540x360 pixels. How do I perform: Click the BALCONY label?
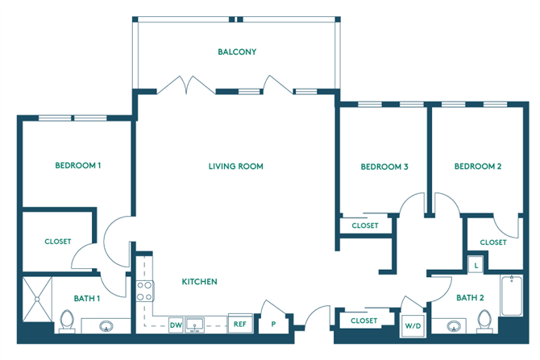click(x=237, y=52)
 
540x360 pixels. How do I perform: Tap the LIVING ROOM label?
click(x=236, y=167)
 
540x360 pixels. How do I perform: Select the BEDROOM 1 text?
click(x=78, y=166)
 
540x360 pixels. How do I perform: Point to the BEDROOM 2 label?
click(x=478, y=167)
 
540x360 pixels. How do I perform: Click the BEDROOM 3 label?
click(x=384, y=167)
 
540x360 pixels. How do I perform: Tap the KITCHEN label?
click(x=199, y=282)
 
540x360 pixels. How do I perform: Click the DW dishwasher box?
click(x=176, y=325)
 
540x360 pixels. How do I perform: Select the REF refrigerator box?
click(x=240, y=324)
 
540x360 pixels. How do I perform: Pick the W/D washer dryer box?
click(x=413, y=325)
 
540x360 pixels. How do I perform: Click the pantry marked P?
click(x=273, y=324)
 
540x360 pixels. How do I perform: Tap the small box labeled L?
click(x=476, y=265)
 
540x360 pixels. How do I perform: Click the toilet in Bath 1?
click(x=67, y=321)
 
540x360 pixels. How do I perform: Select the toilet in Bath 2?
click(x=484, y=321)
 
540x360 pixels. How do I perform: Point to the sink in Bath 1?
click(x=106, y=326)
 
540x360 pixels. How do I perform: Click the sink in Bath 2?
click(x=454, y=326)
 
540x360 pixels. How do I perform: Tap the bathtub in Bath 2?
click(x=512, y=296)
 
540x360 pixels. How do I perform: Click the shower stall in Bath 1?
click(x=37, y=300)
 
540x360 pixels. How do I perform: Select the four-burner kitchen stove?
click(x=144, y=292)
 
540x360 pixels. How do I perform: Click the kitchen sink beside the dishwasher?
click(x=194, y=325)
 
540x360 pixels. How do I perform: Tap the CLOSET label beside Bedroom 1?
click(x=58, y=242)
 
